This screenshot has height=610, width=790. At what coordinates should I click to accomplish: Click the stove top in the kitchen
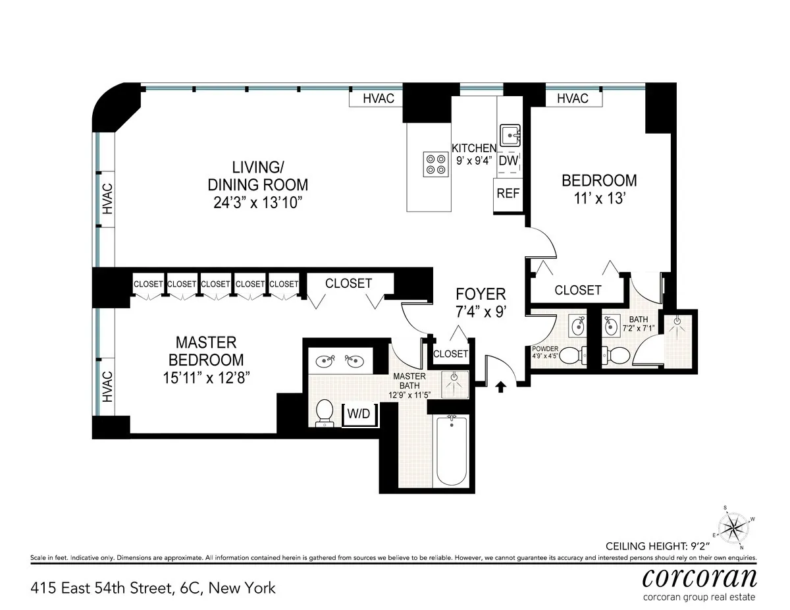point(434,163)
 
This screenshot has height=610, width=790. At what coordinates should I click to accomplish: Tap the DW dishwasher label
point(508,160)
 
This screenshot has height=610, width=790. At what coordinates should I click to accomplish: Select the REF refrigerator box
point(508,194)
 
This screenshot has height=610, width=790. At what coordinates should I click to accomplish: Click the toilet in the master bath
point(324,412)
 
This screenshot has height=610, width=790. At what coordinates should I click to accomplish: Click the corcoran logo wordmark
point(699,578)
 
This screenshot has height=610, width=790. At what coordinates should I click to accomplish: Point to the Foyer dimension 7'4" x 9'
point(481,312)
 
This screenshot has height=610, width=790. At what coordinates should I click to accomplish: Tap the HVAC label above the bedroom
point(572,98)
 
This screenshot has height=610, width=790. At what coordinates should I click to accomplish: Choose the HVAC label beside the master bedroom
point(107,387)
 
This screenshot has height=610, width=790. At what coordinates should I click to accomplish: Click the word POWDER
point(545,349)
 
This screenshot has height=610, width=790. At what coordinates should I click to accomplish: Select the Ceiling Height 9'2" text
point(681,546)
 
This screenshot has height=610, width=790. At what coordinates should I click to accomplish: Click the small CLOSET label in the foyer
point(451,354)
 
